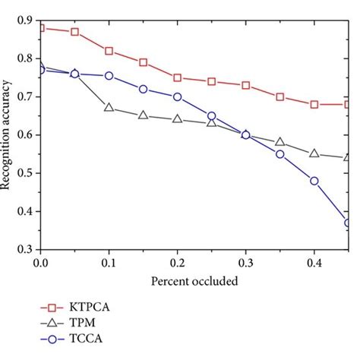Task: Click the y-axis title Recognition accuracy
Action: tap(8, 134)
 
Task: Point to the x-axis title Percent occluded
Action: tap(194, 281)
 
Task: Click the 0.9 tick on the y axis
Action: tap(26, 20)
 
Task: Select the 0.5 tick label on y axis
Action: tap(26, 173)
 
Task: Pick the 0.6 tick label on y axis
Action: tap(26, 135)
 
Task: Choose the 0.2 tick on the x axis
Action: tap(177, 261)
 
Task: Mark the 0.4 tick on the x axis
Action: tap(314, 261)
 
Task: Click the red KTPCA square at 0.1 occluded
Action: tap(109, 51)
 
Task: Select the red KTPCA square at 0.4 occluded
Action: tap(314, 104)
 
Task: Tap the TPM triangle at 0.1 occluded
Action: tap(109, 108)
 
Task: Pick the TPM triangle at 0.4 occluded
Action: tap(314, 153)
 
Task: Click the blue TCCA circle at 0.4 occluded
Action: tap(314, 181)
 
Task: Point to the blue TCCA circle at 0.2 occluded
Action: tap(177, 96)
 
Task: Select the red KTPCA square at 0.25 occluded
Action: tap(211, 81)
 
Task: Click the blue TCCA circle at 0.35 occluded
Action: tap(279, 154)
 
